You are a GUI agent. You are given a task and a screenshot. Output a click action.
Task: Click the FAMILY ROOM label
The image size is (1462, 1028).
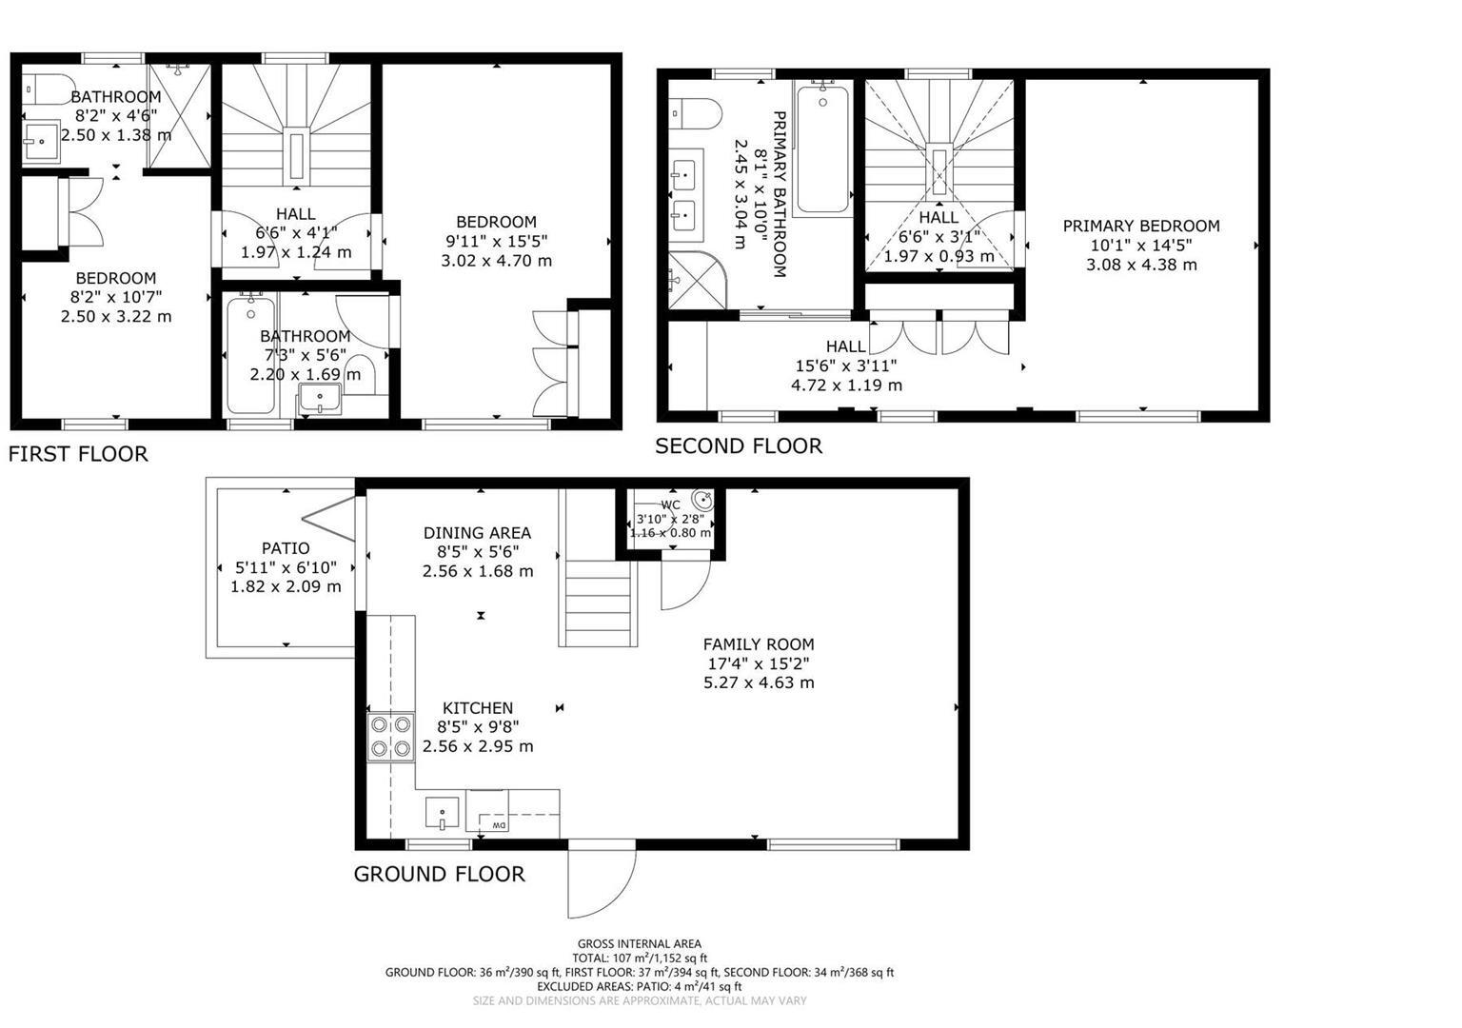[759, 644]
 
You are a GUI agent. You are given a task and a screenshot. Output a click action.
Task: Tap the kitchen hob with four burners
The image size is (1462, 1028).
[391, 737]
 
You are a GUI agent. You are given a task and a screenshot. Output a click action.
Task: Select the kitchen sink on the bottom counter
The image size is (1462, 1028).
[442, 814]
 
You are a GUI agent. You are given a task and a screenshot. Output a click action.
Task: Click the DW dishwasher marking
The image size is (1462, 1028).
[497, 824]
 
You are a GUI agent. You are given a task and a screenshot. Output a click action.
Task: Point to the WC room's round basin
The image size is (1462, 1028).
[702, 499]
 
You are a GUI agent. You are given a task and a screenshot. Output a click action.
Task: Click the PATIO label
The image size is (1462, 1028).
[286, 548]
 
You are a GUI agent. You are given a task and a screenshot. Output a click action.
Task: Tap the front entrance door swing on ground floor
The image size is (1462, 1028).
[600, 880]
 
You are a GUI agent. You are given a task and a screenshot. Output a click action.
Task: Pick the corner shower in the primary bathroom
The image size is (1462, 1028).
[695, 281]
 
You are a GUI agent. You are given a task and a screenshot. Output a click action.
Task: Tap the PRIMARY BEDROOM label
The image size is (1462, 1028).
[1141, 227]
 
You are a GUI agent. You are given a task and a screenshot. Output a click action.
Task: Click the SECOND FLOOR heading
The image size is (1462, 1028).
[739, 446]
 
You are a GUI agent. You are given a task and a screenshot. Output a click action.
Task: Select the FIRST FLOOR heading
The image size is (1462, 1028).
[78, 454]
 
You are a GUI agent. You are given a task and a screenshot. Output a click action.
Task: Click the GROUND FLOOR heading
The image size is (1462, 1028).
[439, 874]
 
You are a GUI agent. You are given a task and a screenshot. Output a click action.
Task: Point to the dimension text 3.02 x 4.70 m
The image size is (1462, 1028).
[496, 261]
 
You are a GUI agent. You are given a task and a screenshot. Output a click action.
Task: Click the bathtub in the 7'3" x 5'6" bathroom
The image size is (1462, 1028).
[250, 355]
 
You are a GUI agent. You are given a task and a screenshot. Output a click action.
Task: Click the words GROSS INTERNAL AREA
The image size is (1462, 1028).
[639, 944]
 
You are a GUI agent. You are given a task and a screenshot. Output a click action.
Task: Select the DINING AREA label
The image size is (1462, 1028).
[477, 533]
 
